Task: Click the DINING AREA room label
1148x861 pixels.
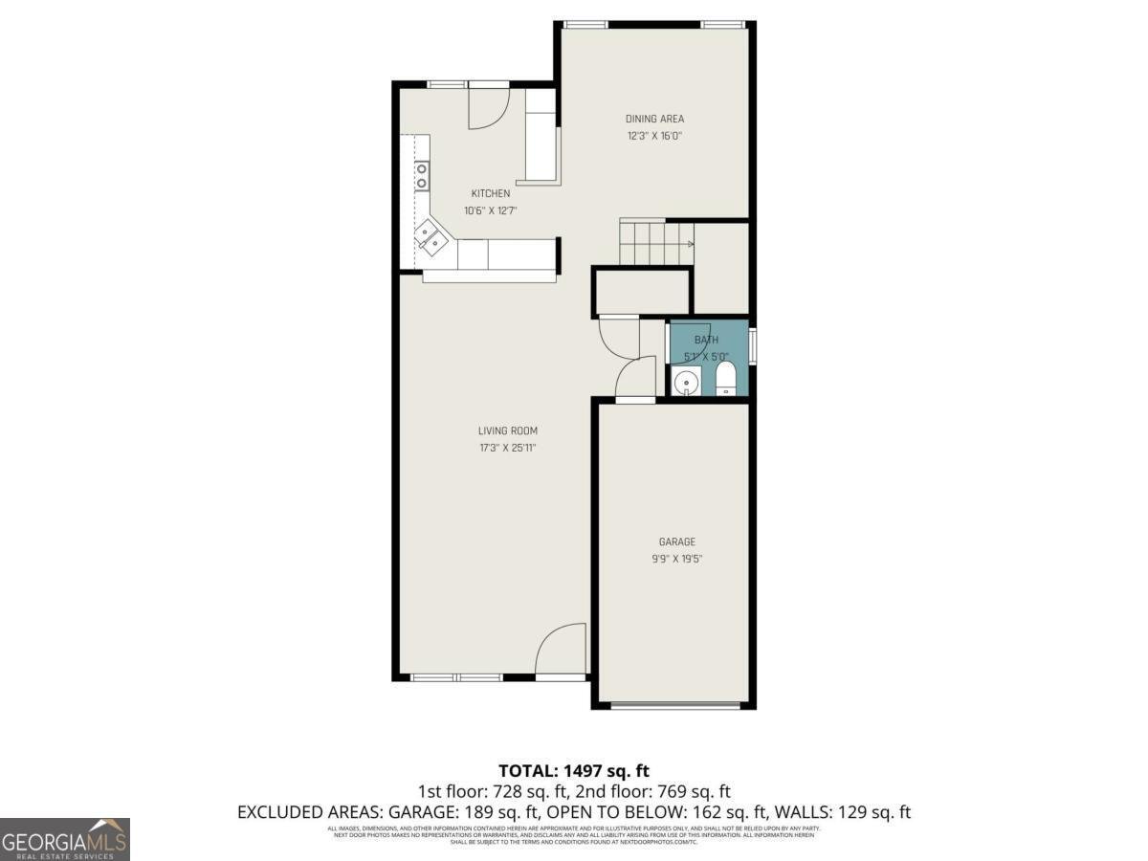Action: pyautogui.click(x=654, y=119)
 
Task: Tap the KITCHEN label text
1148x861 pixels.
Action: pyautogui.click(x=490, y=193)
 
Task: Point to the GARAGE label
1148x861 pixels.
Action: pyautogui.click(x=676, y=541)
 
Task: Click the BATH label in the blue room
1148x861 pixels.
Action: pyautogui.click(x=706, y=340)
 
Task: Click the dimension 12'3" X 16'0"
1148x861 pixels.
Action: pyautogui.click(x=654, y=136)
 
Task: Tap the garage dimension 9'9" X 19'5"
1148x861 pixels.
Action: pyautogui.click(x=676, y=559)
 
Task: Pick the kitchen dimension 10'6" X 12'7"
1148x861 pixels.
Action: pyautogui.click(x=490, y=210)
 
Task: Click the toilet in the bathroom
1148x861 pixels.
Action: pyautogui.click(x=725, y=379)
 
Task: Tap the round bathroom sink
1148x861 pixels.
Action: pyautogui.click(x=685, y=384)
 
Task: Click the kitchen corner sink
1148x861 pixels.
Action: pyautogui.click(x=430, y=238)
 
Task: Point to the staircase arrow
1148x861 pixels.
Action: pyautogui.click(x=689, y=244)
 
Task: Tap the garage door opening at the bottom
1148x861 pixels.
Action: pyautogui.click(x=675, y=706)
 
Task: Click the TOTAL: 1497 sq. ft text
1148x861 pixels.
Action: pyautogui.click(x=574, y=770)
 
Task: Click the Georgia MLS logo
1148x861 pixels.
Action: pyautogui.click(x=65, y=839)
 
